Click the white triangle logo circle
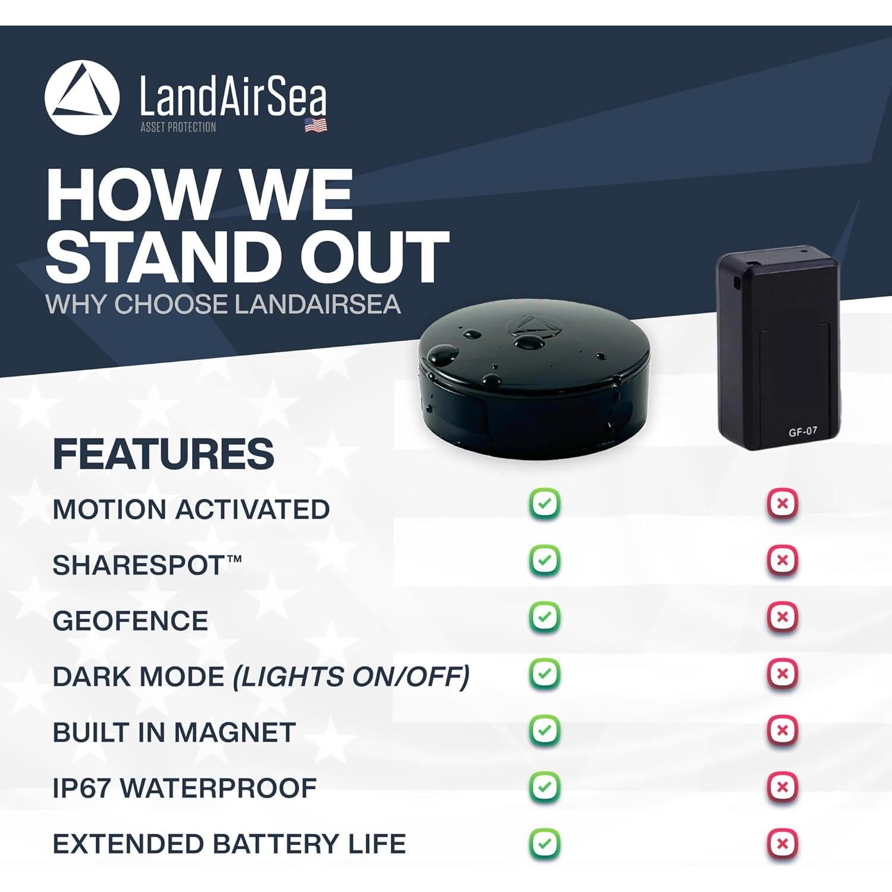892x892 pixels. [81, 98]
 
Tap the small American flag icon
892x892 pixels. [316, 125]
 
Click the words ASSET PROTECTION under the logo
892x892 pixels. [178, 127]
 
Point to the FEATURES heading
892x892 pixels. [164, 454]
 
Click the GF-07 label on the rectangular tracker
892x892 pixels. [803, 432]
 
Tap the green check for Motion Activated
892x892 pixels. [545, 504]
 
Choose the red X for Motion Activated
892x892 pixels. [783, 504]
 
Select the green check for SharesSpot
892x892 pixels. [545, 560]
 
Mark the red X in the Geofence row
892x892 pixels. [783, 617]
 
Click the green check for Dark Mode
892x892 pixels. [545, 673]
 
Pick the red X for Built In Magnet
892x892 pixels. [783, 730]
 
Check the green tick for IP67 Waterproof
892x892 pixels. [545, 787]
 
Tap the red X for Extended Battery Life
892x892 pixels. [783, 843]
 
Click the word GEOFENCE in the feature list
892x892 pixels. [130, 621]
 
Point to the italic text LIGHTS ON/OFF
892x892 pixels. [351, 677]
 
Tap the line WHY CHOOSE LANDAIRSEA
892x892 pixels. [223, 304]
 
